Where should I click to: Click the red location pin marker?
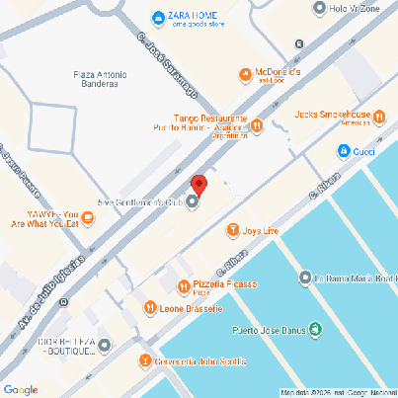click(199, 185)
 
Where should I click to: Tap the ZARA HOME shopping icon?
click(157, 18)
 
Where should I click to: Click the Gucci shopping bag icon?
click(343, 151)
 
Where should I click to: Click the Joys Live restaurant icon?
click(233, 231)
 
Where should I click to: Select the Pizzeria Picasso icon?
click(184, 286)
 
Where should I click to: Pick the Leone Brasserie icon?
click(150, 308)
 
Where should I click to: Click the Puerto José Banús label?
click(268, 330)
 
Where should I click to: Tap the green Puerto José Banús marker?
click(315, 330)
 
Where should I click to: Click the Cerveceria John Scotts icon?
click(146, 360)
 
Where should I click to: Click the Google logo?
click(22, 388)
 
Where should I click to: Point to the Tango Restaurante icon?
click(257, 125)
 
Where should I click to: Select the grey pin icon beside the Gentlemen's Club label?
click(193, 203)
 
